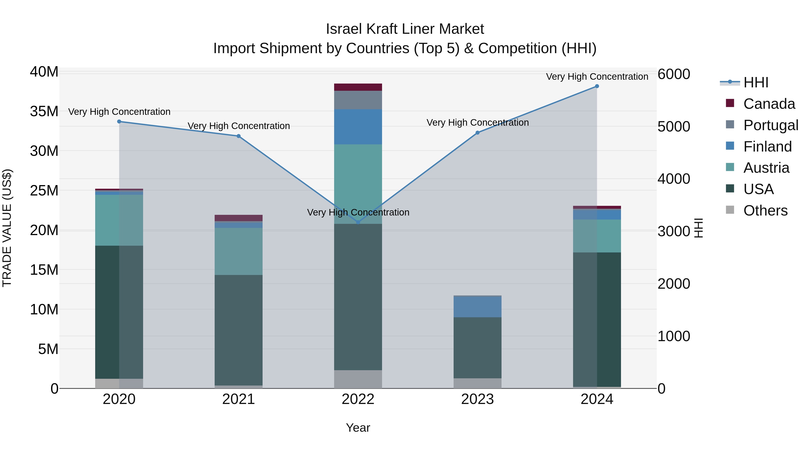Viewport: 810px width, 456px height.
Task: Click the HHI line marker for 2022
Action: (358, 222)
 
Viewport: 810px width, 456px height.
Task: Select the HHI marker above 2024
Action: (597, 86)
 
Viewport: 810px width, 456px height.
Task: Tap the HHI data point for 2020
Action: (119, 121)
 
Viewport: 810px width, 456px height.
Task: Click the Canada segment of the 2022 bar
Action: (358, 87)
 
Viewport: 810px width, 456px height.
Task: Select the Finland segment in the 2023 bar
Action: (477, 307)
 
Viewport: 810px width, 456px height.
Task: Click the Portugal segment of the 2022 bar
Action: (358, 100)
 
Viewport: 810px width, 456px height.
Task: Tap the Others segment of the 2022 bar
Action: (358, 379)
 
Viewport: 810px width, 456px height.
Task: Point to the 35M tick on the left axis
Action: (44, 111)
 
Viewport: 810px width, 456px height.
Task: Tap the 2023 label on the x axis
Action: (477, 399)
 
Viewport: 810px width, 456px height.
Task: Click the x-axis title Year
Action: (358, 428)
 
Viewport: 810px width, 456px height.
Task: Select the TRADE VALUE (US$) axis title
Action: (7, 228)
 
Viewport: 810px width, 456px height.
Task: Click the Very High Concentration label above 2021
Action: (239, 126)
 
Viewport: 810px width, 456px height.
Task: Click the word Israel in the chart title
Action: (344, 29)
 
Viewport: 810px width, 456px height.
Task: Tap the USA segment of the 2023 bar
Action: (477, 347)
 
